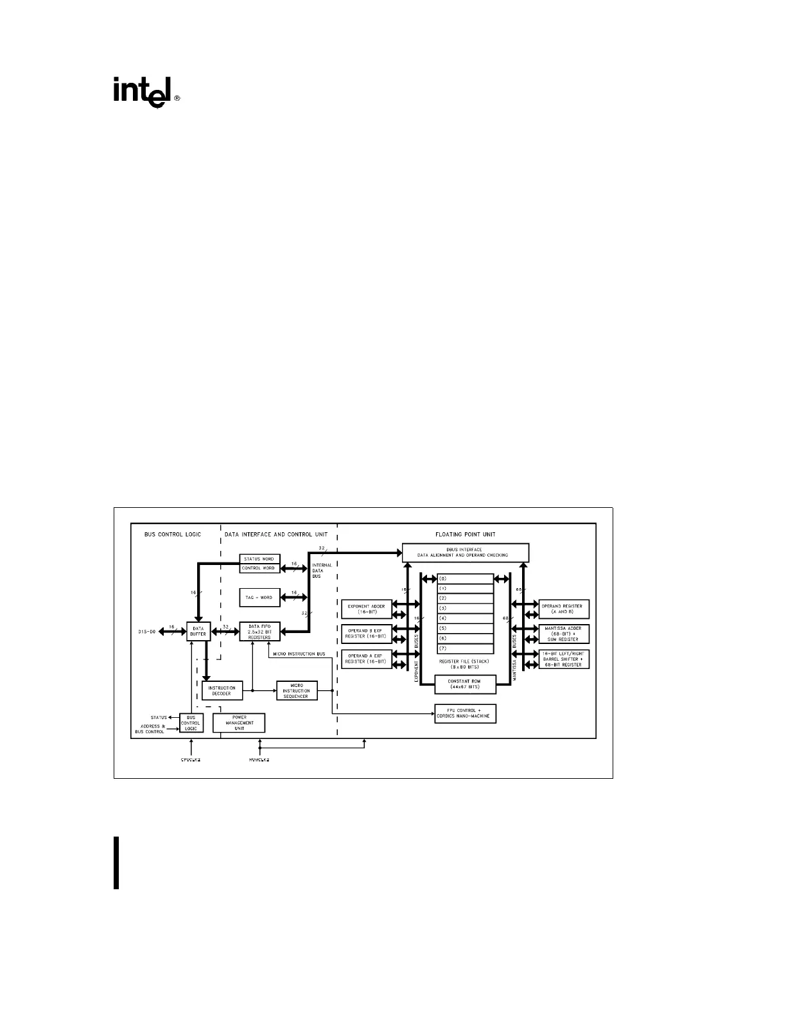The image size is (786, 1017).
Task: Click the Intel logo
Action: pos(146,92)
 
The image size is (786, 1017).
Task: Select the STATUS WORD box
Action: pos(259,559)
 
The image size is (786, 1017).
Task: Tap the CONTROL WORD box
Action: pos(259,568)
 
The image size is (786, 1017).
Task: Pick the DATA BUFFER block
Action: pos(198,632)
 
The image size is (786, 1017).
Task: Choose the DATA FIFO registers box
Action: pos(259,632)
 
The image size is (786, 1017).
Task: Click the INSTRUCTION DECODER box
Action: pos(222,690)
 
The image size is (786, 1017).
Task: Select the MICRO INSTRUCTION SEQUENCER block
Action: pos(296,690)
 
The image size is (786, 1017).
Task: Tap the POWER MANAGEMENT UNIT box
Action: pos(239,723)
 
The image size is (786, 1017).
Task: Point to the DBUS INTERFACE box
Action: pos(465,552)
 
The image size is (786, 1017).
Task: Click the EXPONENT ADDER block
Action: pos(366,609)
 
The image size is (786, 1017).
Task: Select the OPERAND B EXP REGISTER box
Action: pos(366,634)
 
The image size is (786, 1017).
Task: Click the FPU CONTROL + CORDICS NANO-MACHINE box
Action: pos(466,713)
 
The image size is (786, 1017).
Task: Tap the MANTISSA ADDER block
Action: pos(564,634)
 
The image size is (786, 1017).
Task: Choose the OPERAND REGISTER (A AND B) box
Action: pos(564,609)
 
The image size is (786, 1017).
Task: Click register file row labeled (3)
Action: pos(466,608)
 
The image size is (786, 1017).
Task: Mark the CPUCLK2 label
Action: pos(191,760)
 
